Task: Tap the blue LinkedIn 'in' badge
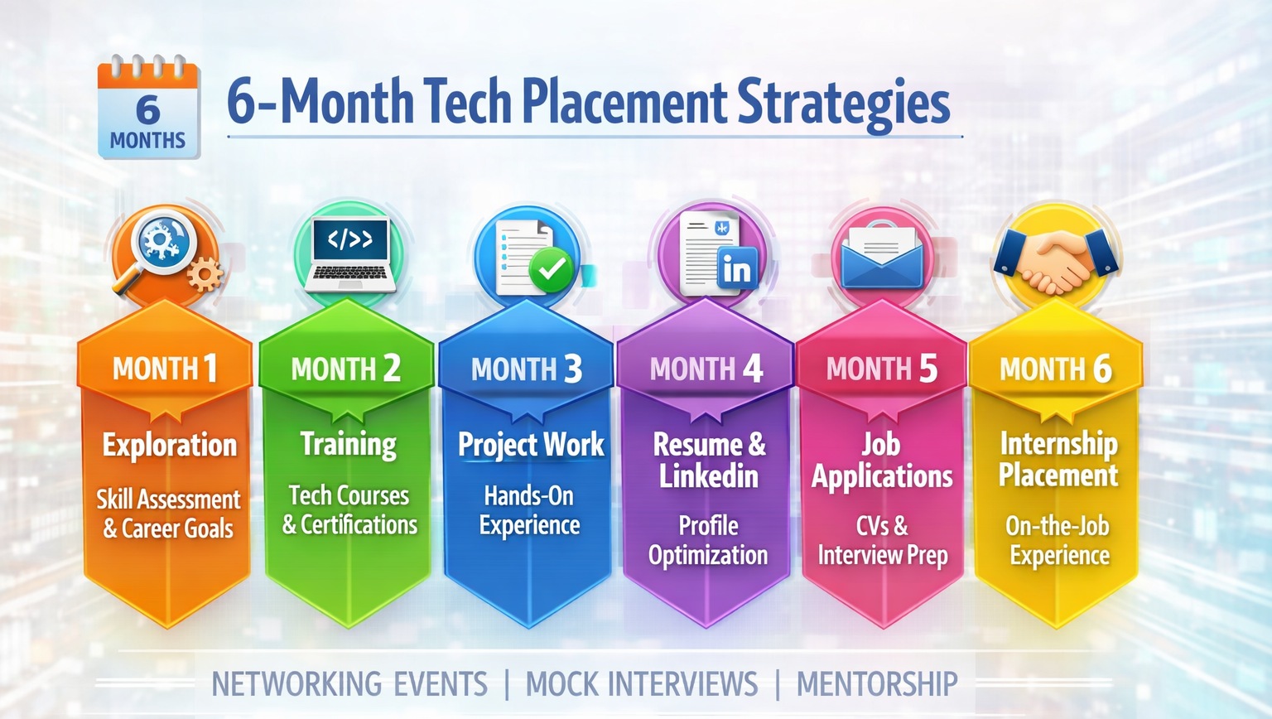(736, 269)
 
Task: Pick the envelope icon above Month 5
(882, 258)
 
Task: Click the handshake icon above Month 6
(1056, 258)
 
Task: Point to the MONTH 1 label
(165, 369)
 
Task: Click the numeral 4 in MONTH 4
(752, 369)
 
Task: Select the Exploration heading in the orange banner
(170, 446)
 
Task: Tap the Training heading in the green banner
(349, 444)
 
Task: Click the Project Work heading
(531, 445)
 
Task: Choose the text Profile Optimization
(708, 540)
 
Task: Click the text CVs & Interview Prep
(883, 540)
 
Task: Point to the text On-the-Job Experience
(1058, 540)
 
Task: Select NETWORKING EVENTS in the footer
(349, 684)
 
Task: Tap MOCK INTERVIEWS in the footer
(642, 684)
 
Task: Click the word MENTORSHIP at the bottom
(877, 684)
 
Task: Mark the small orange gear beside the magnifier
(204, 273)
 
